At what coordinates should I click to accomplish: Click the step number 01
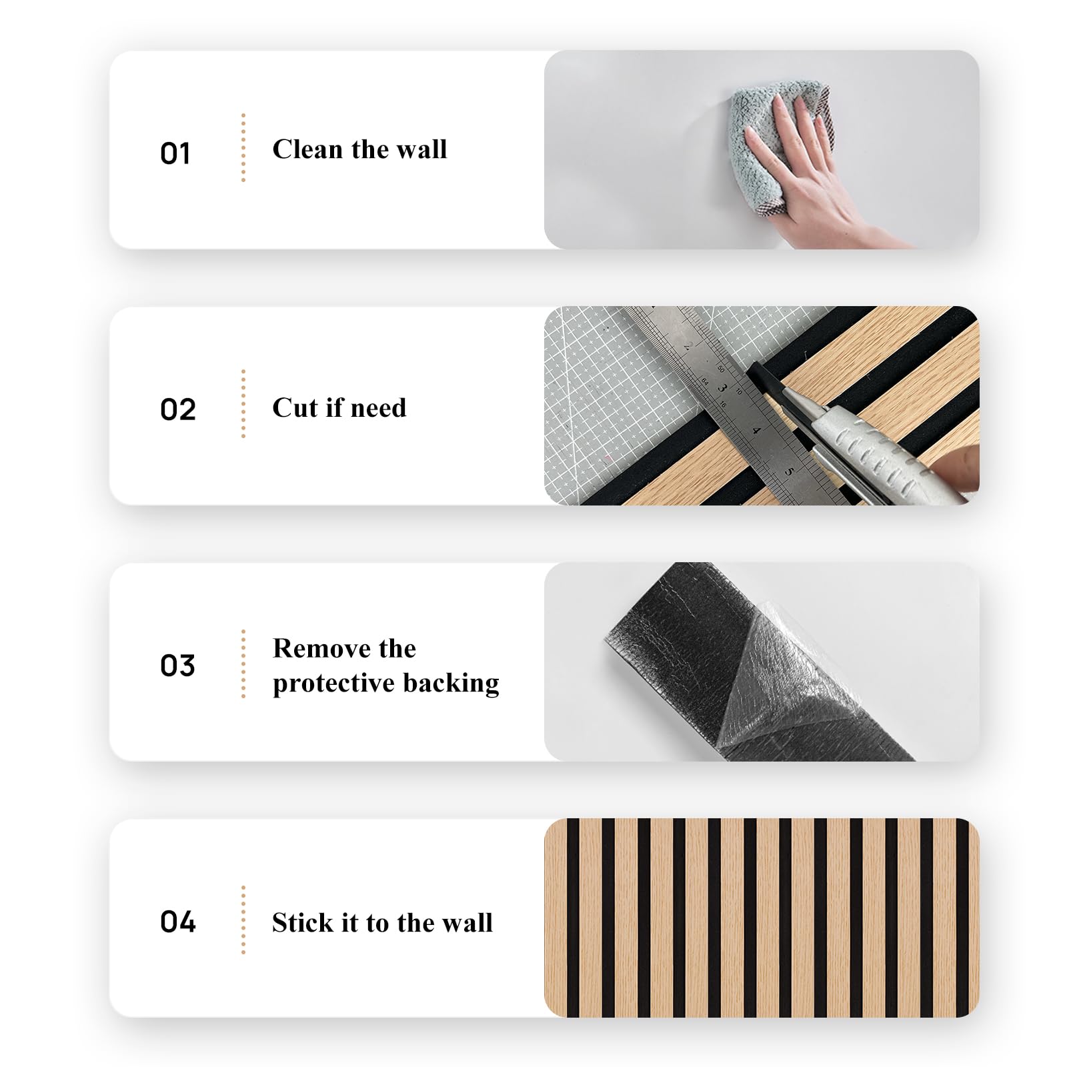(x=175, y=153)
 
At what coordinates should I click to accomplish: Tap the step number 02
(x=177, y=409)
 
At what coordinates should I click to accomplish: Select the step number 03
(x=177, y=666)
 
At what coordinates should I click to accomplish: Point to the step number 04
(x=177, y=922)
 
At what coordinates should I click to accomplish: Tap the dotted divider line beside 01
(x=243, y=147)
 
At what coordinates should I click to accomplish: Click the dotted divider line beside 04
(x=243, y=920)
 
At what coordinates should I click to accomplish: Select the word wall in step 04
(x=467, y=922)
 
